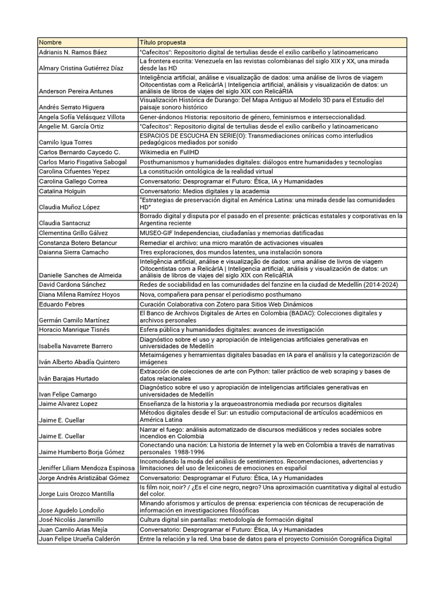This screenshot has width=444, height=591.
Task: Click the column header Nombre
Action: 50,43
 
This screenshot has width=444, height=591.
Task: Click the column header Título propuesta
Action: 162,43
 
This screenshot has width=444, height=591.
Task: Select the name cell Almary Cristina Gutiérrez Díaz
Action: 81,68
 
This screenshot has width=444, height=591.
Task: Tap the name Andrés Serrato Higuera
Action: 72,107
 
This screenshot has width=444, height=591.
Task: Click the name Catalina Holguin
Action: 62,191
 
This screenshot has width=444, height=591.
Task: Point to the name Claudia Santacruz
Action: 64,222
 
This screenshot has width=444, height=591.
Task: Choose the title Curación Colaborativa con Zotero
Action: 225,304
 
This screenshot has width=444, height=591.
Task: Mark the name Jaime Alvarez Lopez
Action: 68,404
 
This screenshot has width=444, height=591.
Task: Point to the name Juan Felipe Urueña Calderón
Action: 79,539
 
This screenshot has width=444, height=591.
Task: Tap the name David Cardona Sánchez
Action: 72,285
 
